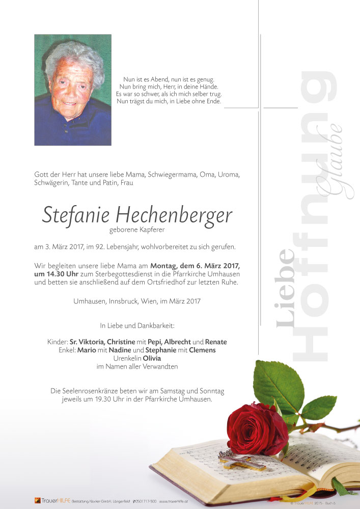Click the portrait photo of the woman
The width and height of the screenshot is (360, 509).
tap(73, 90)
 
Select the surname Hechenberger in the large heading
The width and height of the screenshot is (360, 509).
tap(174, 215)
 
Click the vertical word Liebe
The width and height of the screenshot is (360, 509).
tap(286, 288)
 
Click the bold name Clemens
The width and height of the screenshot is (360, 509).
tap(203, 350)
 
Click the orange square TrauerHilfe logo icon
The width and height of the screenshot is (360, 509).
tap(38, 500)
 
